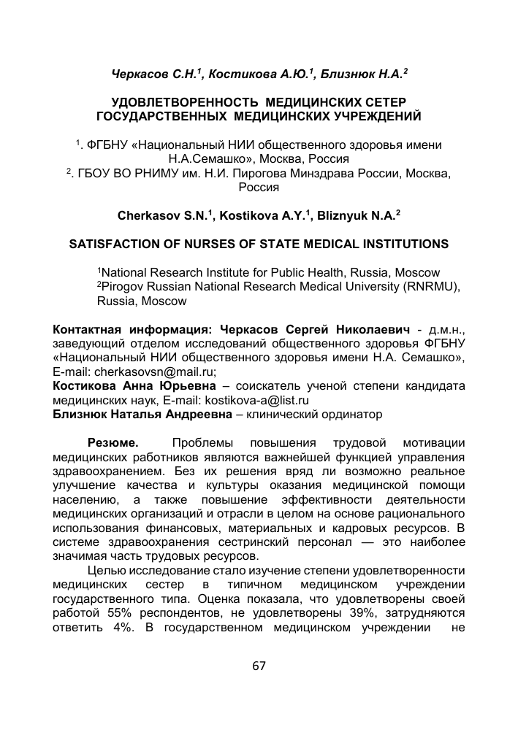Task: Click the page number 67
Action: tap(258, 666)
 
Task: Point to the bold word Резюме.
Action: tap(113, 443)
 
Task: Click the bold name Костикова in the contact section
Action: tap(87, 386)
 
